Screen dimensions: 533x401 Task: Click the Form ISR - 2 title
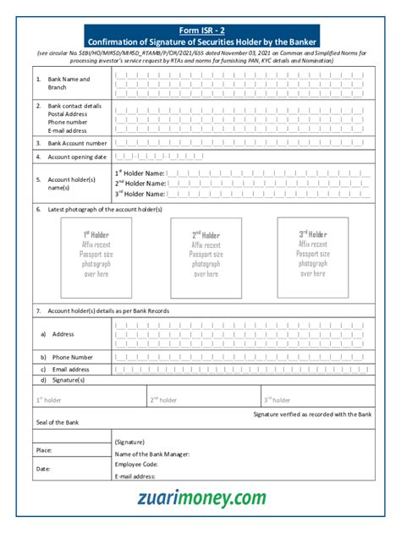tap(201, 30)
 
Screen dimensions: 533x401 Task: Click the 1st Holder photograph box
tap(96, 258)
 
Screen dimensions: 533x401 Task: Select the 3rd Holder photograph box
tap(312, 257)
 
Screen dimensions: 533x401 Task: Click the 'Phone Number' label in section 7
tap(73, 357)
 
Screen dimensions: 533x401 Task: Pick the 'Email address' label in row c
tap(71, 370)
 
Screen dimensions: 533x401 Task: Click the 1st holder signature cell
tap(90, 398)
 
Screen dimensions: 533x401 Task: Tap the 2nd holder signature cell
tap(203, 398)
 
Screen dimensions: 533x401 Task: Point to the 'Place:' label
tap(44, 450)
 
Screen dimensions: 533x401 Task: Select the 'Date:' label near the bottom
tap(43, 468)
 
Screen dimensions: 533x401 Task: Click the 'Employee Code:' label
tap(136, 464)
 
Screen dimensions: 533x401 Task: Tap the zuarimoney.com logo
tap(201, 499)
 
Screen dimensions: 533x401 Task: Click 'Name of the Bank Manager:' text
tap(151, 453)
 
